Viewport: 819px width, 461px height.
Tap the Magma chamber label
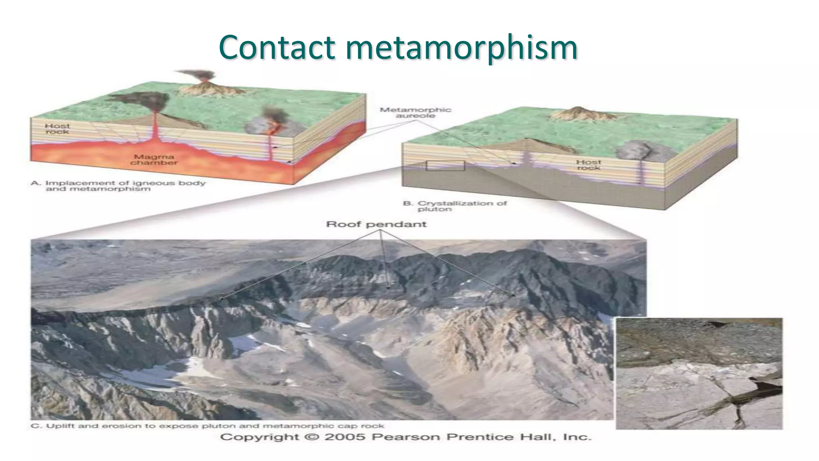[154, 160]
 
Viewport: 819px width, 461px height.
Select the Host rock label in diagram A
[57, 128]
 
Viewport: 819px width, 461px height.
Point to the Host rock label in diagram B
[588, 164]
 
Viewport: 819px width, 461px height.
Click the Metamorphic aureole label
[415, 112]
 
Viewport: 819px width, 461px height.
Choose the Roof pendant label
[376, 224]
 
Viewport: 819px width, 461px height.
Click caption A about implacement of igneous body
[118, 186]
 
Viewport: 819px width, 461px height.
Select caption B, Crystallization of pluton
[455, 206]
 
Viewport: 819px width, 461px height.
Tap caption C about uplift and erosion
[207, 426]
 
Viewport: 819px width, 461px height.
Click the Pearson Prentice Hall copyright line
[406, 437]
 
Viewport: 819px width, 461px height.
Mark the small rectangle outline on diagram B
[445, 166]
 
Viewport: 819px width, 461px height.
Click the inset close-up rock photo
[699, 373]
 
